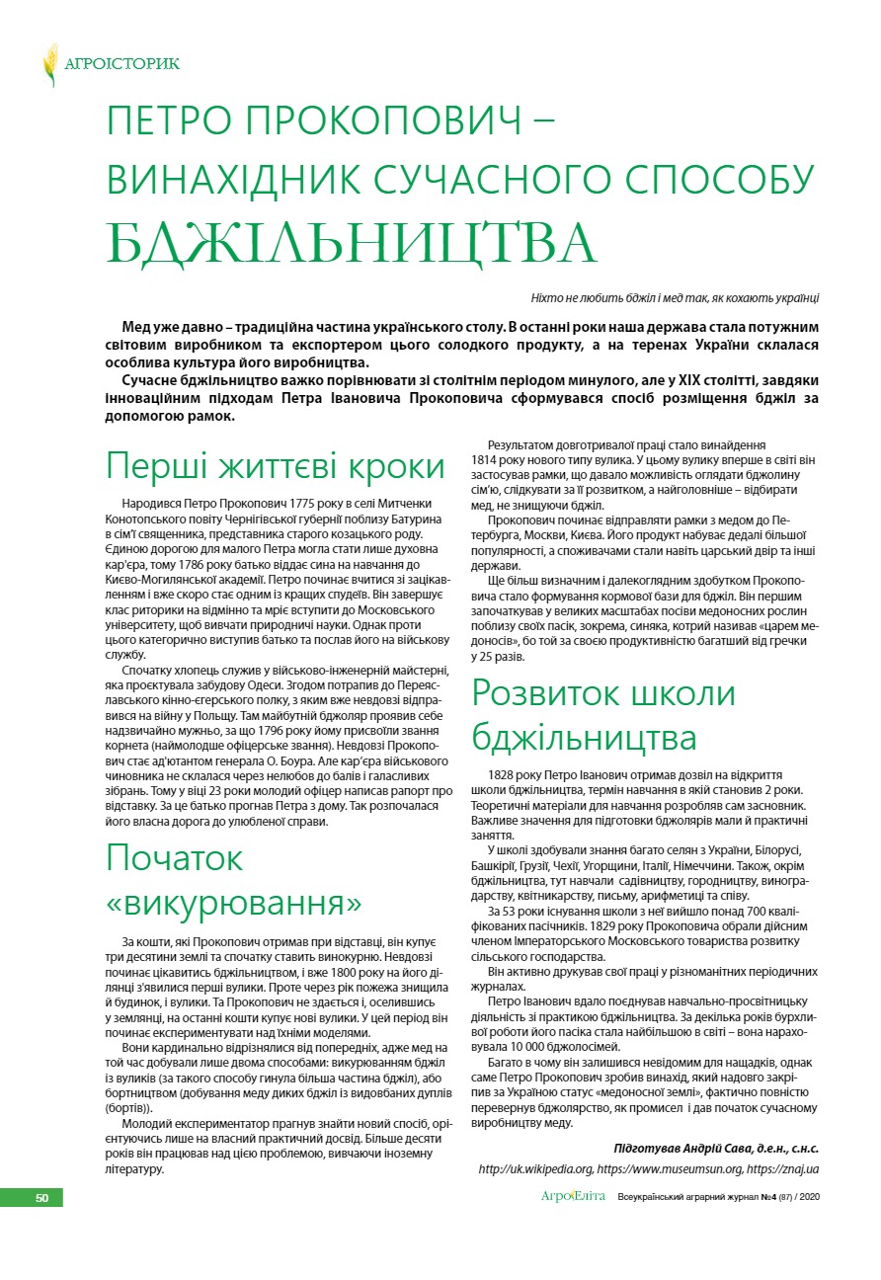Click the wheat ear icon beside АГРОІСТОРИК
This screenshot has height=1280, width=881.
tap(50, 64)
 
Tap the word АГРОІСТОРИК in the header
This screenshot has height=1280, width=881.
tap(121, 64)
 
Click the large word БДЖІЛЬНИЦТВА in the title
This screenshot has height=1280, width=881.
tap(352, 241)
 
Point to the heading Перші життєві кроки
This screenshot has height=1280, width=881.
tap(276, 466)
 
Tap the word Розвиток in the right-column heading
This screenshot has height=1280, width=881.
tap(556, 692)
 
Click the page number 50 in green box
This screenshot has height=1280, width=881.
tap(41, 1198)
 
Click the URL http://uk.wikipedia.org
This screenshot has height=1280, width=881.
tap(535, 1168)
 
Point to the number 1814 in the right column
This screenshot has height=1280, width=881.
tap(488, 460)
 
